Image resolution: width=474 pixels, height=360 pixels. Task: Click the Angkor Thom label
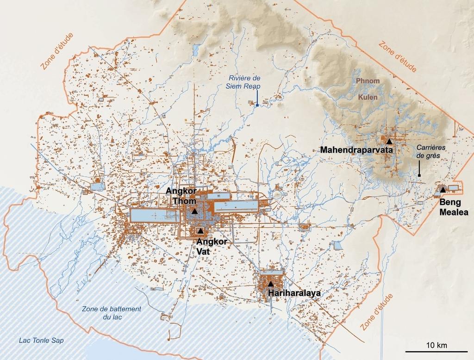pos(181,196)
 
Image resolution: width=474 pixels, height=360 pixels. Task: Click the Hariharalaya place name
pos(294,293)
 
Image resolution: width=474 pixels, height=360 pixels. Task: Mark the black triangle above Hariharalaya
pos(270,284)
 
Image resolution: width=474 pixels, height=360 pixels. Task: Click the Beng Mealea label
pos(454,207)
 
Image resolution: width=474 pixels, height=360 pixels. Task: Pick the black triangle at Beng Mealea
pos(443,190)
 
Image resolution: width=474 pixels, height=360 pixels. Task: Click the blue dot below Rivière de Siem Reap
pos(257,105)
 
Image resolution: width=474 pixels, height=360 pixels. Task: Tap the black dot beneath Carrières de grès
pos(419,175)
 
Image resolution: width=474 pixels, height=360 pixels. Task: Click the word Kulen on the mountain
pos(367,98)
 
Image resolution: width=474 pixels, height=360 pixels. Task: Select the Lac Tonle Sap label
pos(41,341)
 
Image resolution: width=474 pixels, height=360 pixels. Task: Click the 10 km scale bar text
pos(436,345)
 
